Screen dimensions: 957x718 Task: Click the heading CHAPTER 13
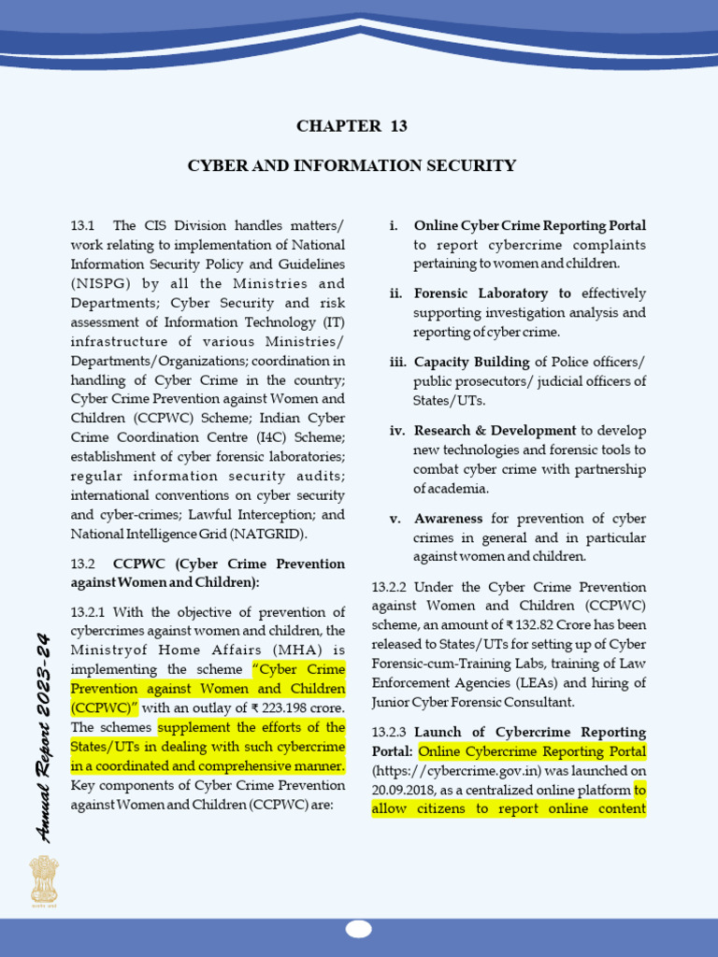(352, 126)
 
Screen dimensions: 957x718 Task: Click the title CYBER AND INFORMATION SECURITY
(352, 166)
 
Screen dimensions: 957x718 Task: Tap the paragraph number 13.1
(83, 226)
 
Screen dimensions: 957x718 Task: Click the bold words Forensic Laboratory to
(492, 293)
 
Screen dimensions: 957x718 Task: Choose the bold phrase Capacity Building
(472, 362)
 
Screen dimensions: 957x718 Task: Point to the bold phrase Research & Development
(495, 431)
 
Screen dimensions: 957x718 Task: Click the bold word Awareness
(448, 519)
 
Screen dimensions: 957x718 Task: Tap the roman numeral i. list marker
(394, 226)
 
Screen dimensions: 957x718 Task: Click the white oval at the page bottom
(358, 929)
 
